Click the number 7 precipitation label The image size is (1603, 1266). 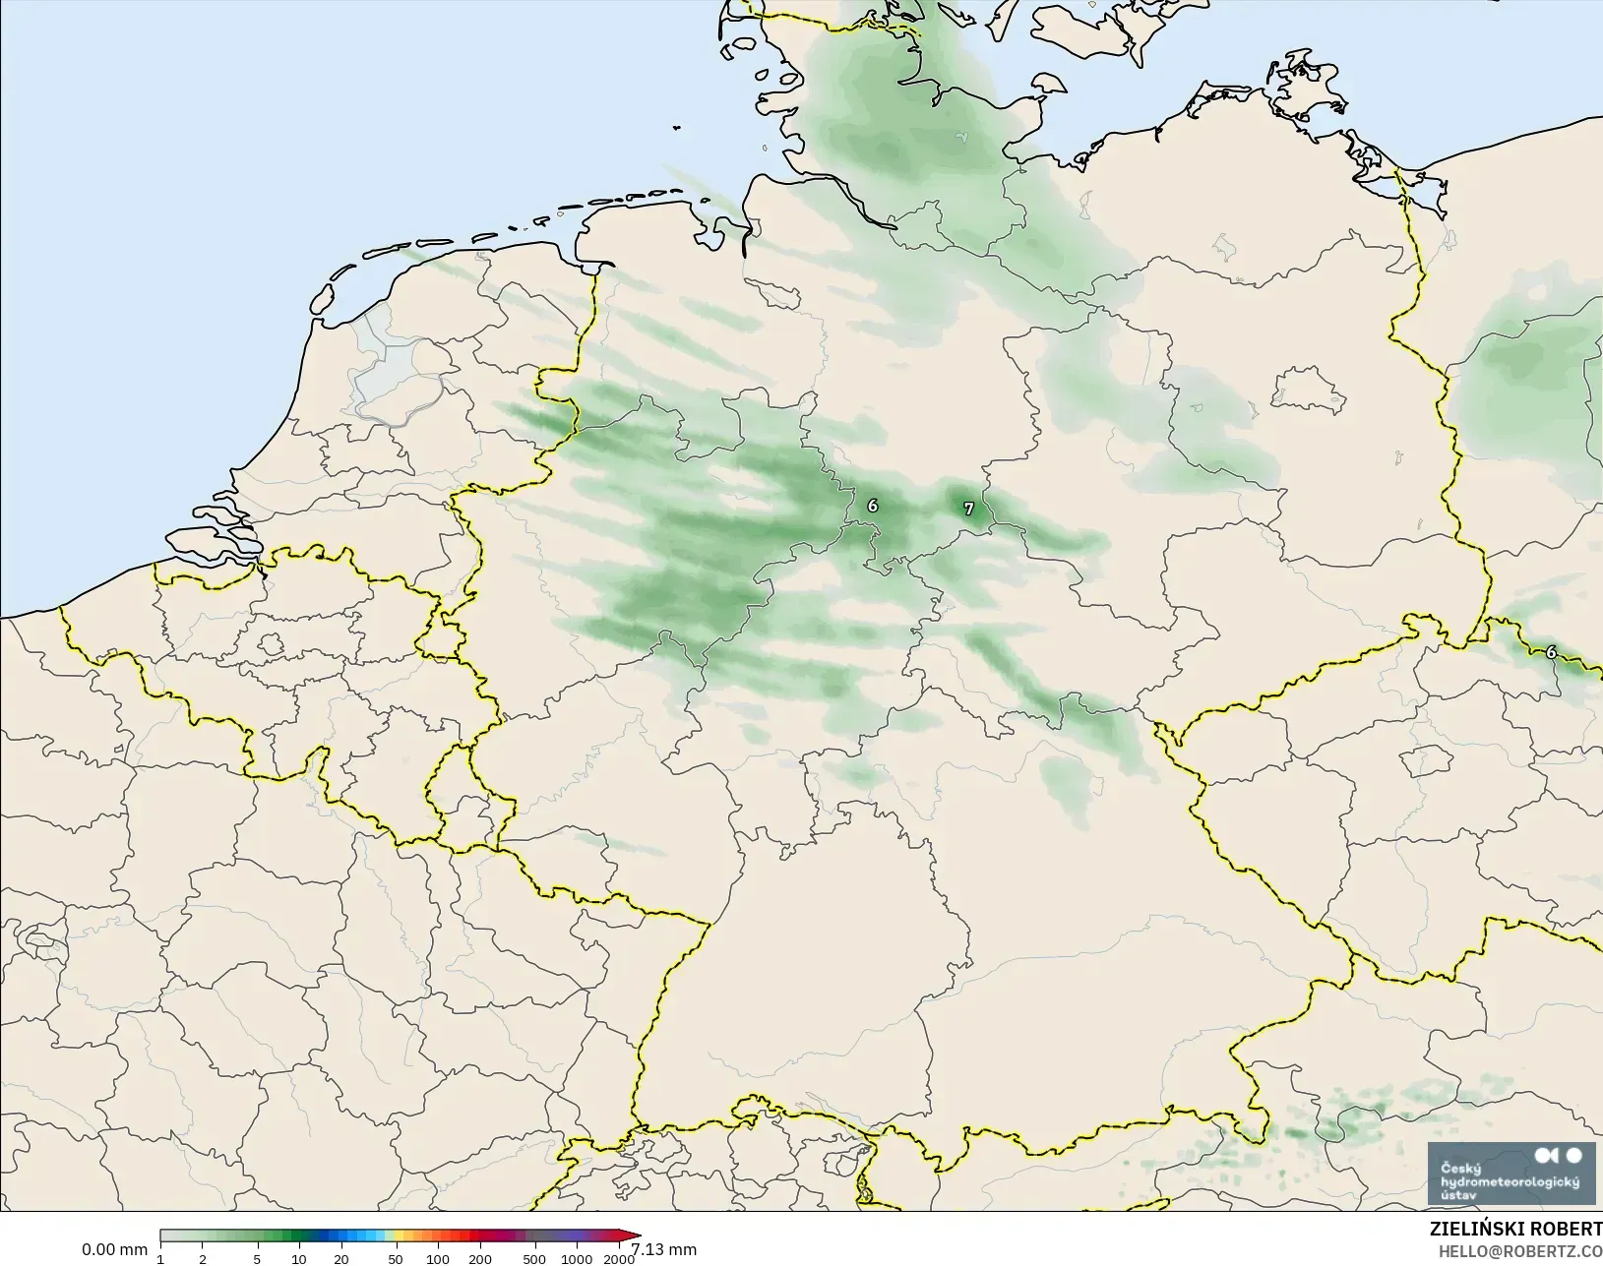click(969, 509)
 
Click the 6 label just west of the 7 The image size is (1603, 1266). click(873, 506)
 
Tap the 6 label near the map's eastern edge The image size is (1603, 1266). click(1552, 652)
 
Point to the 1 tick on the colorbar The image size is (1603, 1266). click(160, 1258)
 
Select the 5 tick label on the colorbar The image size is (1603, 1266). click(257, 1258)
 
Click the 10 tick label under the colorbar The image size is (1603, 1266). click(299, 1258)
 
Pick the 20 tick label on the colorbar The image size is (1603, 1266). click(340, 1258)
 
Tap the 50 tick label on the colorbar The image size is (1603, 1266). click(396, 1258)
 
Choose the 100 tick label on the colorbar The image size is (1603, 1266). click(438, 1258)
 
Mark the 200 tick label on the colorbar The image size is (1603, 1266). click(480, 1258)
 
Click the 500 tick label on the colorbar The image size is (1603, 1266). click(534, 1258)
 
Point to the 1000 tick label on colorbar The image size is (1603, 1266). click(577, 1258)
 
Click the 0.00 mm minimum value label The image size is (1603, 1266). click(114, 1249)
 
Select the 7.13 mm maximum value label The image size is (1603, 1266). click(664, 1249)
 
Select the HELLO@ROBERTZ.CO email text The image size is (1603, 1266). click(1520, 1251)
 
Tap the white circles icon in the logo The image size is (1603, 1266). click(1560, 1156)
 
